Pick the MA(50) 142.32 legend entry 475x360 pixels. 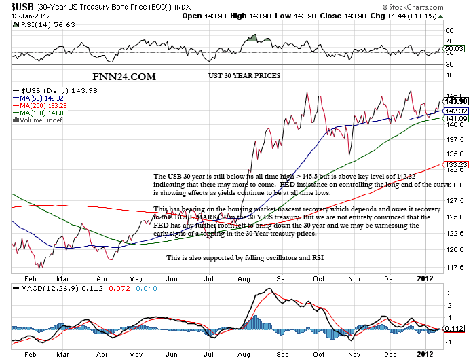pyautogui.click(x=45, y=98)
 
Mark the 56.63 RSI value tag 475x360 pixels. pyautogui.click(x=454, y=49)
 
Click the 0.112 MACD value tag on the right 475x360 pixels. pyautogui.click(x=454, y=329)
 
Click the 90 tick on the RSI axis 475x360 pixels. pyautogui.click(x=449, y=31)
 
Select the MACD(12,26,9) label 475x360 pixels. pyautogui.click(x=46, y=289)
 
